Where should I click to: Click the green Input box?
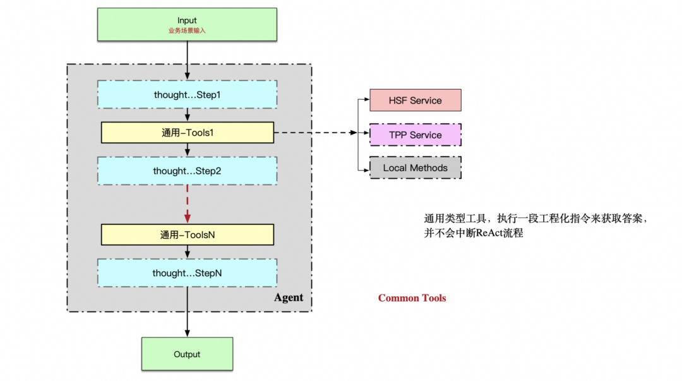tap(187, 25)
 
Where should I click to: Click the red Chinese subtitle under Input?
tap(187, 30)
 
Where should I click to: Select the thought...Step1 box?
tap(187, 94)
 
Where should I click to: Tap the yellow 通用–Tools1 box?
tap(187, 133)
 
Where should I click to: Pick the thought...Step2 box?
tap(187, 171)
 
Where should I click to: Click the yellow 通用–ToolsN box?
tap(187, 234)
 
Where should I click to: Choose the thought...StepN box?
tap(187, 273)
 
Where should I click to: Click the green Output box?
tap(187, 354)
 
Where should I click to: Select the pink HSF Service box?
tap(416, 100)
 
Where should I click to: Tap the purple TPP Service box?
tap(416, 135)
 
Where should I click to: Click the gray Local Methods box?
tap(416, 167)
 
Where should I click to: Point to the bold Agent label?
tap(289, 298)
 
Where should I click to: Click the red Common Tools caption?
tap(412, 298)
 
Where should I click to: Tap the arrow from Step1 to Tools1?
tap(188, 114)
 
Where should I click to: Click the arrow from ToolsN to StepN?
tap(188, 251)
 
